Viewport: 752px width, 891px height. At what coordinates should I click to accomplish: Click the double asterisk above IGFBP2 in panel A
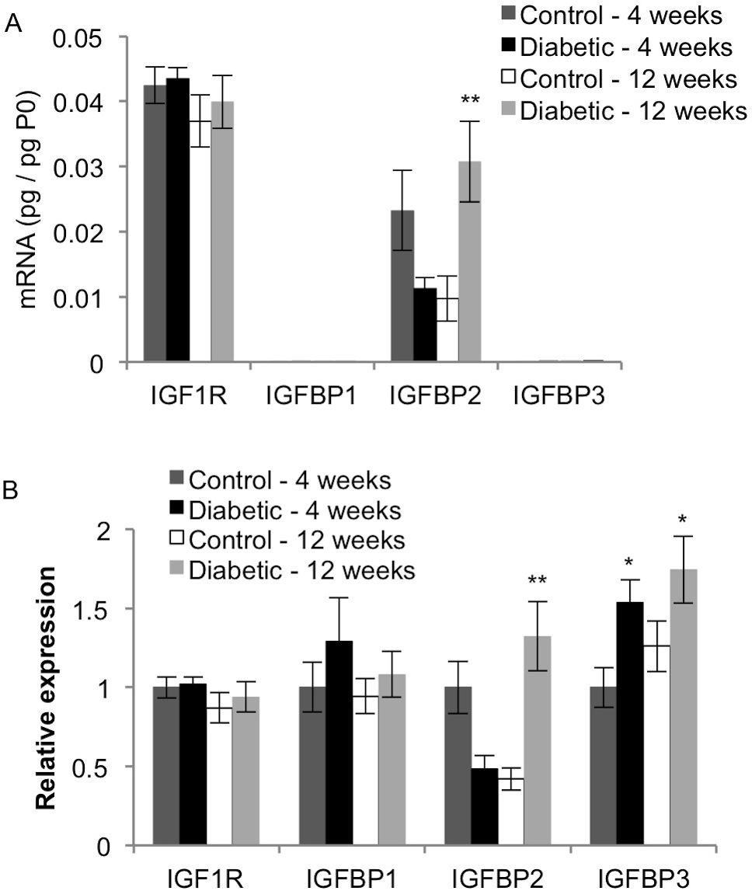point(470,100)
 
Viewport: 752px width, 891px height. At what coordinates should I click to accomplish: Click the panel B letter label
point(13,492)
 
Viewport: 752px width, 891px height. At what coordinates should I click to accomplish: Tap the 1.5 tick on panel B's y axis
point(111,608)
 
